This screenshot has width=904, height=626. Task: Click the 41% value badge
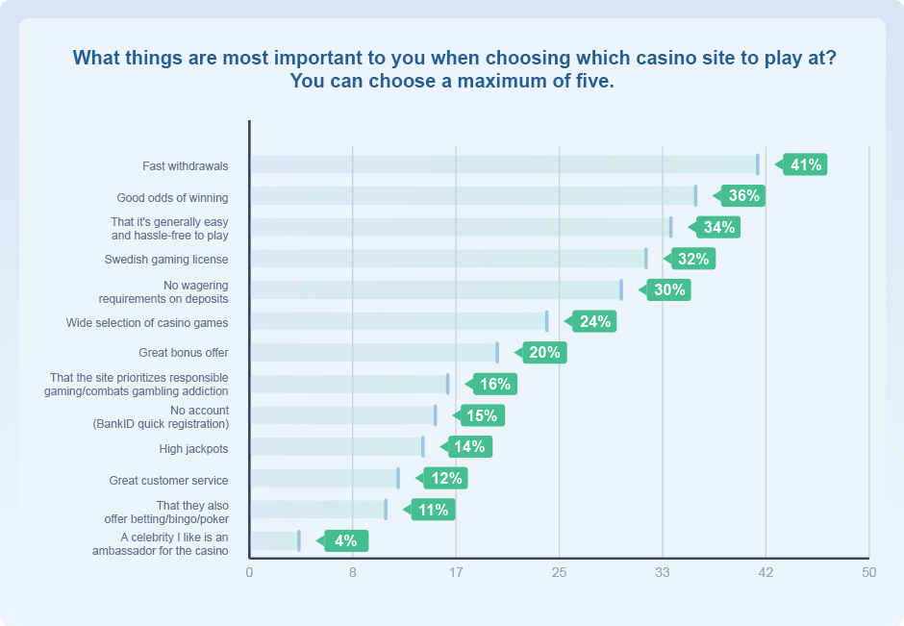[x=805, y=164]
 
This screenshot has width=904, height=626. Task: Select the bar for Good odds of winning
[x=472, y=196]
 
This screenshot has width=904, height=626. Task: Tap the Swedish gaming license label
[x=166, y=260]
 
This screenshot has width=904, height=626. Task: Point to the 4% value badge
[x=345, y=540]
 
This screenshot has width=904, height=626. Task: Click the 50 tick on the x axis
[x=868, y=573]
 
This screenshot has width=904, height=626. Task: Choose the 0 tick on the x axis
[x=249, y=573]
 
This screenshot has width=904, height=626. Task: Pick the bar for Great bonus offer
[x=373, y=353]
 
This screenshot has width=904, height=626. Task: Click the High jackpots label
[x=193, y=449]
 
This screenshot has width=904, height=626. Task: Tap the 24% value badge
[x=594, y=321]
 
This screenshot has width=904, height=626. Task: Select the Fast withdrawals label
[x=186, y=166]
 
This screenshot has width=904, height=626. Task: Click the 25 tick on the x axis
[x=559, y=573]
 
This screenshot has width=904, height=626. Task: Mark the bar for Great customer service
[x=323, y=478]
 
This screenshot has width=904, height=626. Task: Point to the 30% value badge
[x=668, y=289]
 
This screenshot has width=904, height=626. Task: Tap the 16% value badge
[x=494, y=384]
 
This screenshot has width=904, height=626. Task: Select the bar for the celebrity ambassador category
[x=274, y=540]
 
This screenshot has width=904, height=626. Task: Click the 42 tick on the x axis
[x=766, y=573]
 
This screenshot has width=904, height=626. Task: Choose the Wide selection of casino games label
[x=147, y=323]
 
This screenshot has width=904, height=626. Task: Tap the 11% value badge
[x=433, y=510]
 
